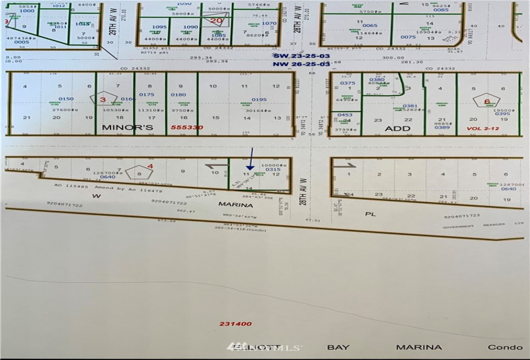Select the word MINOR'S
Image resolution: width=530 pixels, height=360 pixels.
[127, 128]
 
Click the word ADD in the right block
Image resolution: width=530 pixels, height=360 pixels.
[398, 128]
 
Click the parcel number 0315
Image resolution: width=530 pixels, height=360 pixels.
[272, 170]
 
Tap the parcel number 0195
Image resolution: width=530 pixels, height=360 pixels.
[259, 100]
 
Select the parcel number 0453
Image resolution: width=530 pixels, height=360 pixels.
[346, 115]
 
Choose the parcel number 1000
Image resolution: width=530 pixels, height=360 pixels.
[27, 11]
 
